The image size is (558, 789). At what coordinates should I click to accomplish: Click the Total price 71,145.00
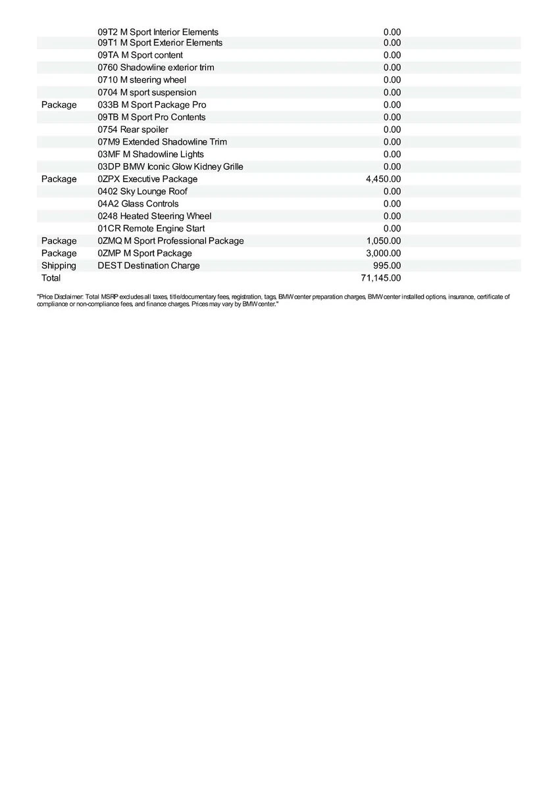point(380,278)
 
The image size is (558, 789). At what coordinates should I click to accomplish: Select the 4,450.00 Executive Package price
point(383,179)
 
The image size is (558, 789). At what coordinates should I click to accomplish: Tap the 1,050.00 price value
point(383,241)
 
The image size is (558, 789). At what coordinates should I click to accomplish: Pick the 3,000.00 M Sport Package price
point(383,253)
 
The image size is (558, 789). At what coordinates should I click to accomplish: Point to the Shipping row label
point(59,266)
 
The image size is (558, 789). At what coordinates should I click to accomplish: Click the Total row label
point(51,278)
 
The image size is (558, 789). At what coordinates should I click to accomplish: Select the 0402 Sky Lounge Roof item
point(142,191)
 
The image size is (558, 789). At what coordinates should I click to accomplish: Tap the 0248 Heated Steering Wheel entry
point(155,216)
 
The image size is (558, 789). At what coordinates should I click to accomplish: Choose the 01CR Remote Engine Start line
point(151,229)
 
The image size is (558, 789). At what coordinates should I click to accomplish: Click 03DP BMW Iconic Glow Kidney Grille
point(170,166)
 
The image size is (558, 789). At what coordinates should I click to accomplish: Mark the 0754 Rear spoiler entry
point(133,130)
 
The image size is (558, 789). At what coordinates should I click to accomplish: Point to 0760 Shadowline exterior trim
point(156,68)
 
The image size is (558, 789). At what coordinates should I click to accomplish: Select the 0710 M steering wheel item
point(142,80)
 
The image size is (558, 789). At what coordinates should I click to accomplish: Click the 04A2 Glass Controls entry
point(138,204)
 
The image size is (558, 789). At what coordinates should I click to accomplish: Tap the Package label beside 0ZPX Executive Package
point(59,179)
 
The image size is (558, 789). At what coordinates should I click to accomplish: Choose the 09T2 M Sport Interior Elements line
point(158,32)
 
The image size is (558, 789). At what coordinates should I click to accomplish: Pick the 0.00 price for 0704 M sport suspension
point(392,93)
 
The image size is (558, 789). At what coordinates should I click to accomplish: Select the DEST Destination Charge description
point(149,266)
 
